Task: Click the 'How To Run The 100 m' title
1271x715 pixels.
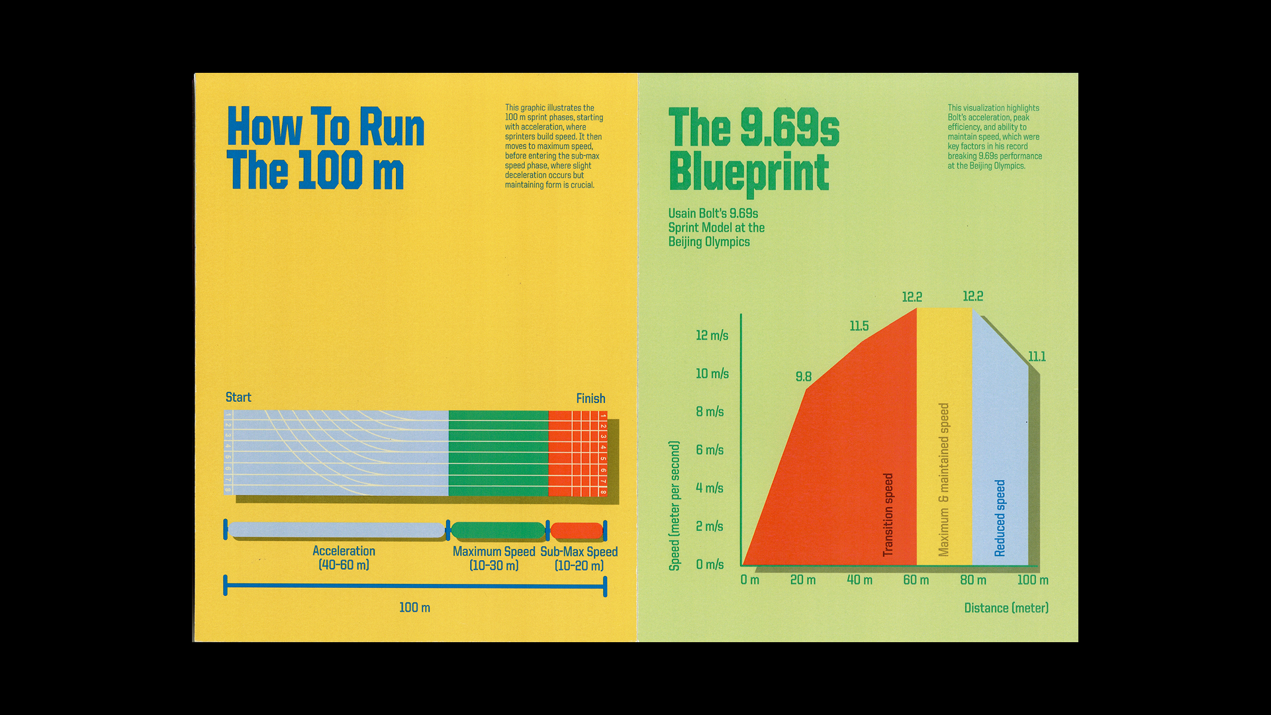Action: click(x=324, y=148)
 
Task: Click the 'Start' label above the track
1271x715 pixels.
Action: click(x=238, y=397)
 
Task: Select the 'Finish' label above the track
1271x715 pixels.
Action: click(x=590, y=399)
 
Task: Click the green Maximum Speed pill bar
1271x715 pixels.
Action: click(x=498, y=530)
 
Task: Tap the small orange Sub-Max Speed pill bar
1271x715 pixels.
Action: click(x=577, y=530)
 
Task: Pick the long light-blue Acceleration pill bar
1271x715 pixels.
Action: click(x=336, y=530)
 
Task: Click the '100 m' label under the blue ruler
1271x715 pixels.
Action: click(x=414, y=608)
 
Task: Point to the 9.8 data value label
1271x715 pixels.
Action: click(x=803, y=377)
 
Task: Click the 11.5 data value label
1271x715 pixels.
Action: click(x=859, y=326)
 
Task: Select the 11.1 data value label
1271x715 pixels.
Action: click(x=1037, y=357)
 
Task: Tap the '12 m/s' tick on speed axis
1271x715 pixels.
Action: click(x=712, y=336)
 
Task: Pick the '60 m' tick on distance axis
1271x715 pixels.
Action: click(x=916, y=581)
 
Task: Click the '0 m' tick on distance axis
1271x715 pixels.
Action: click(x=749, y=581)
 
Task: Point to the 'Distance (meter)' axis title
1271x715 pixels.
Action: click(x=1006, y=608)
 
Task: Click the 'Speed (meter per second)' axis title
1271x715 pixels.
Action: click(x=675, y=506)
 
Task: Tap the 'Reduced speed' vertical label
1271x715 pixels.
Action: click(x=1000, y=518)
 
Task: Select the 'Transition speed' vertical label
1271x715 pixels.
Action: click(x=888, y=514)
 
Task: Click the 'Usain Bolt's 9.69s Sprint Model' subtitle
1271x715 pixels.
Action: click(x=716, y=227)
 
